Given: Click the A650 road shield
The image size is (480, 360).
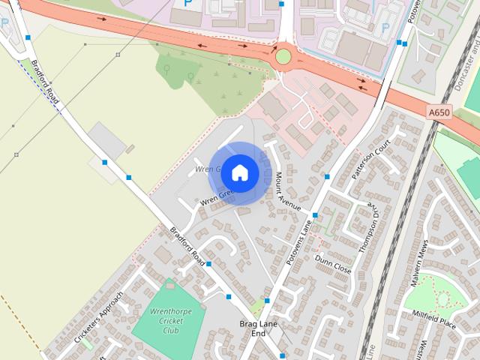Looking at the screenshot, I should pos(439,112).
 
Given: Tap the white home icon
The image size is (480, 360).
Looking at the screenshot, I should pos(239,172).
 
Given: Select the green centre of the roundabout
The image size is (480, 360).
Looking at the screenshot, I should pos(283,56).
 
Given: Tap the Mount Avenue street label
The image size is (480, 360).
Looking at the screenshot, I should pos(287,190).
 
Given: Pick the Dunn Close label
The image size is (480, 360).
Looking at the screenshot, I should pos(333,263).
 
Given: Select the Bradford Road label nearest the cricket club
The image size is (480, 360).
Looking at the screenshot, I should pos(187,247).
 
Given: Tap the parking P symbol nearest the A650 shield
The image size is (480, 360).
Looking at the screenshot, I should pos(385,28).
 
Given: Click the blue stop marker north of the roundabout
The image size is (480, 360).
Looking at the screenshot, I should pos(281,4).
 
